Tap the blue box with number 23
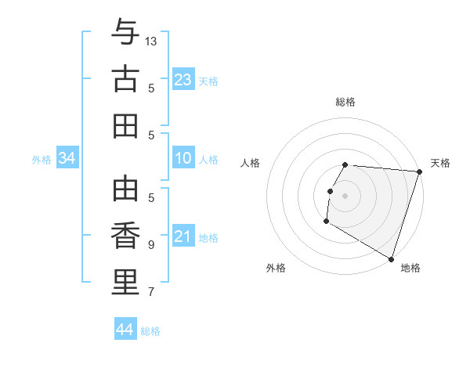183,80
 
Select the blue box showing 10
183,159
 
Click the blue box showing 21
183,237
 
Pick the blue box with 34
67,159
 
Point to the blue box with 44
125,330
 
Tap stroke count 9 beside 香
151,244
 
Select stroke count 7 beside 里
151,292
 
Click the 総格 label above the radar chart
345,102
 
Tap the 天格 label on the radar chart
440,163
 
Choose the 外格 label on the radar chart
276,268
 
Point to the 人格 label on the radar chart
251,163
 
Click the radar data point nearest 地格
390,258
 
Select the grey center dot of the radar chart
345,196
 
